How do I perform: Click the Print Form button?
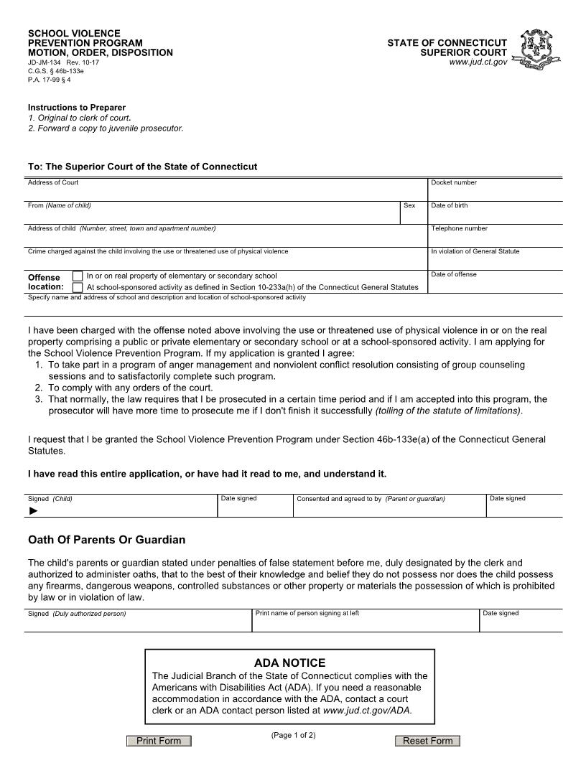(159, 741)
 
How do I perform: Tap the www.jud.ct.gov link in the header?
(478, 62)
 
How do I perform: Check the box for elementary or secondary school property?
(78, 276)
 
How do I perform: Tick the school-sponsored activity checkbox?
(78, 287)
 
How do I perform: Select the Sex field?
(413, 215)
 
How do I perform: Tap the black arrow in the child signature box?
(33, 511)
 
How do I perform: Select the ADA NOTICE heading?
(289, 663)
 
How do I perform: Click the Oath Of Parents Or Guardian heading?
(106, 540)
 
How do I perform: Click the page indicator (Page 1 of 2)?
(293, 735)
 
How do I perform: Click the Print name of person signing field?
(365, 622)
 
